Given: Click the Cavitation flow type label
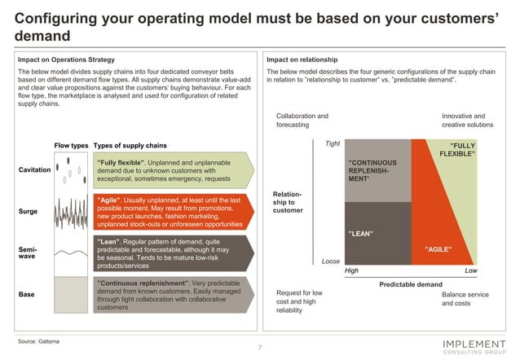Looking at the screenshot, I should tap(34, 169).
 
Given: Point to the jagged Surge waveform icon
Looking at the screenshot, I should tap(71, 211).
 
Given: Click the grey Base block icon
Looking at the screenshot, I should tap(71, 296).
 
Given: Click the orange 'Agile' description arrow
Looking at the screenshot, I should tap(174, 211).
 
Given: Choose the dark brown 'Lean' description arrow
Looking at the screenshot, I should tap(174, 252).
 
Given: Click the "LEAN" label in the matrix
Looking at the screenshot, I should tap(361, 234).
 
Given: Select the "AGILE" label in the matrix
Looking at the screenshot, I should tap(438, 248).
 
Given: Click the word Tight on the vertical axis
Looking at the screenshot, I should tap(333, 144).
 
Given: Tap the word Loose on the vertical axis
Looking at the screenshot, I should tap(331, 261).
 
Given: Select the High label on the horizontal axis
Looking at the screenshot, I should tap(352, 270).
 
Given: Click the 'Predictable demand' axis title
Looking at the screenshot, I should tap(411, 284).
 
